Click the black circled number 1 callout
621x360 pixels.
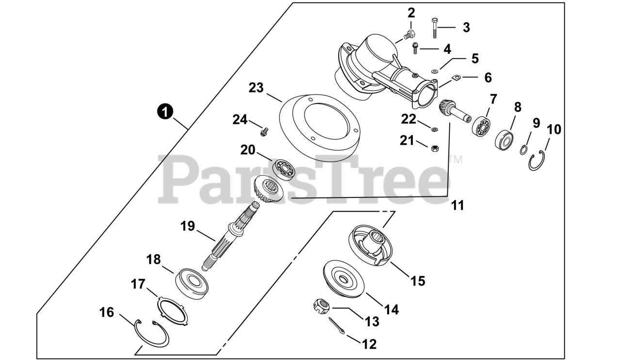point(165,112)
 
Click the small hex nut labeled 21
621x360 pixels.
point(435,147)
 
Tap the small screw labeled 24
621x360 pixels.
point(264,131)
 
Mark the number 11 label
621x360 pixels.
point(457,205)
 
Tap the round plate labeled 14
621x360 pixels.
point(344,278)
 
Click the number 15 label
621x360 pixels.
point(418,280)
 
